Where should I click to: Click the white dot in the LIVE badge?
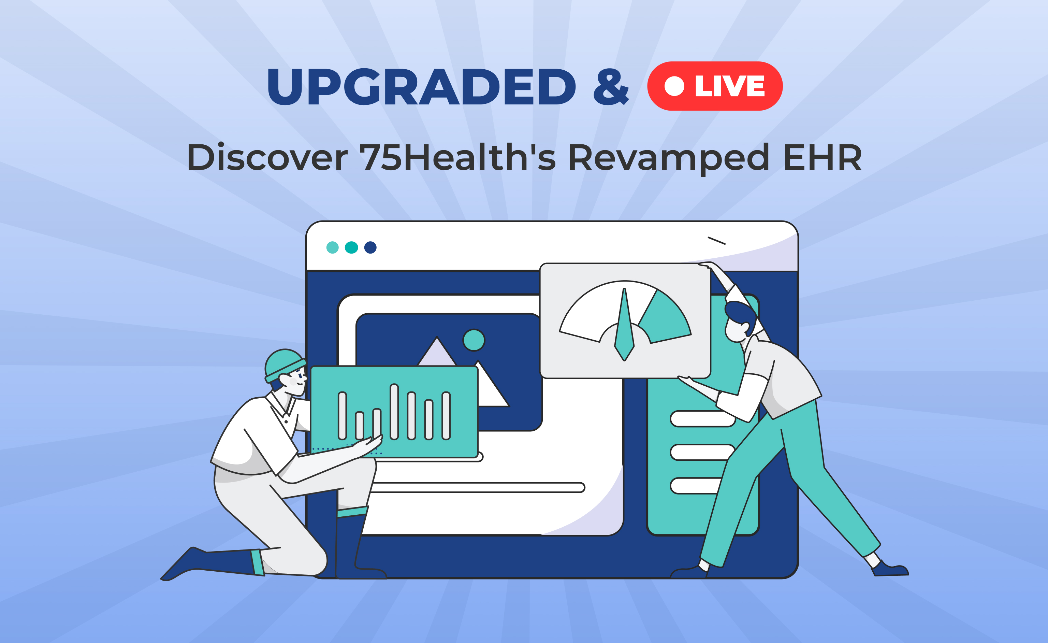pos(674,86)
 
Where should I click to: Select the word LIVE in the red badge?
pos(730,86)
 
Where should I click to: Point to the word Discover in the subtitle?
pos(267,157)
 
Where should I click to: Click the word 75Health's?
pos(458,157)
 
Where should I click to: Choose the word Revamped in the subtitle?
pos(668,158)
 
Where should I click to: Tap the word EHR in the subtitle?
pos(822,157)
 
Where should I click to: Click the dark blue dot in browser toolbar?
pos(370,247)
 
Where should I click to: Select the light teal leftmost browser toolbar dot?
pos(332,247)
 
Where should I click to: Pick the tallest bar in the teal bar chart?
pos(394,412)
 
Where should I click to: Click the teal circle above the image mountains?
pos(474,340)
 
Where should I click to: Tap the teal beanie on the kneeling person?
pos(284,365)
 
